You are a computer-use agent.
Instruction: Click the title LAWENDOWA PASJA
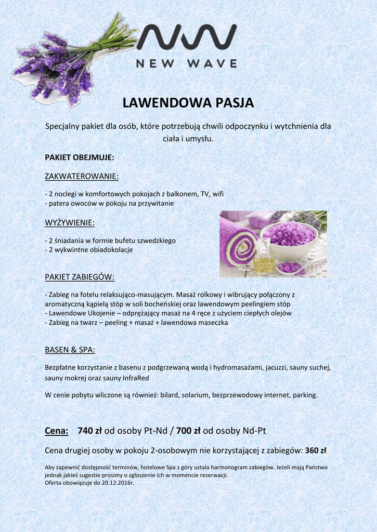point(188,103)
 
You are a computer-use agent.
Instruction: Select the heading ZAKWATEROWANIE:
point(82,177)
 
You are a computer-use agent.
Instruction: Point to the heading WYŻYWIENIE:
point(70,223)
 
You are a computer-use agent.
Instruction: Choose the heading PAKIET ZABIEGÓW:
point(80,276)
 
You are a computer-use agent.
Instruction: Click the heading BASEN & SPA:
point(70,349)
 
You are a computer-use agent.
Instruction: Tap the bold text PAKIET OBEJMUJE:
point(80,157)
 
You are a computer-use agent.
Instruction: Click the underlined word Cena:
point(57,431)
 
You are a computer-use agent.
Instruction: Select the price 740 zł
point(89,431)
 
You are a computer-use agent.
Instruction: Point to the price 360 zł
point(316,450)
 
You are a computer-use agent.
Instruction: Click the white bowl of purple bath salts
point(289,239)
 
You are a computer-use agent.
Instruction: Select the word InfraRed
point(135,378)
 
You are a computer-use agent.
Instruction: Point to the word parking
point(305,395)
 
